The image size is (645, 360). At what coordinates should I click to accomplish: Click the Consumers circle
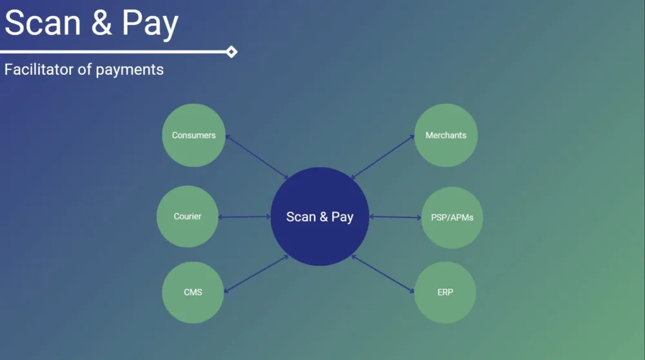[x=193, y=135]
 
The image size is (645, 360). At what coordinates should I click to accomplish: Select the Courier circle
[x=188, y=217]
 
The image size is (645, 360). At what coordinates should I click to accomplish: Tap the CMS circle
[x=193, y=292]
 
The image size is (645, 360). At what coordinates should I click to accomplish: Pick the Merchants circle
[x=446, y=135]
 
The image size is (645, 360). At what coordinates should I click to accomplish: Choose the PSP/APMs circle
[x=451, y=217]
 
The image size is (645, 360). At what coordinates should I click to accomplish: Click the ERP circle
[x=445, y=292]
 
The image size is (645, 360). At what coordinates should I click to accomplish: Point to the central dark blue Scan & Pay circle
[x=320, y=217]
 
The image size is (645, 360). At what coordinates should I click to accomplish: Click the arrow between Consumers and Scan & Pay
[x=257, y=157]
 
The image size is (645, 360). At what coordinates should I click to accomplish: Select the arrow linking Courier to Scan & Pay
[x=244, y=217]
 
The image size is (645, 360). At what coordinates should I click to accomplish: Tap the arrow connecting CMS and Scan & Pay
[x=255, y=274]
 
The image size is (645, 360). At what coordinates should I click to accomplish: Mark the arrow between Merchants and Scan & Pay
[x=382, y=157]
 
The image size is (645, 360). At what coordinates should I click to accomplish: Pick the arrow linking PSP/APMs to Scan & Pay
[x=395, y=217]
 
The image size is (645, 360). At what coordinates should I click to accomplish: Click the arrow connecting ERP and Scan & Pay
[x=382, y=274]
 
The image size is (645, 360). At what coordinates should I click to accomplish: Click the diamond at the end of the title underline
[x=232, y=52]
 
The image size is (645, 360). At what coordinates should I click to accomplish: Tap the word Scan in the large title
[x=43, y=23]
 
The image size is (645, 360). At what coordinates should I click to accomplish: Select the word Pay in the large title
[x=150, y=25]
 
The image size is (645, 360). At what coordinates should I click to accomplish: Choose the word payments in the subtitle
[x=130, y=70]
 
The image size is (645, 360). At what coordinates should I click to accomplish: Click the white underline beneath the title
[x=116, y=52]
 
